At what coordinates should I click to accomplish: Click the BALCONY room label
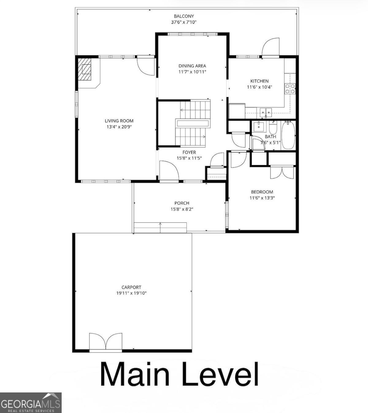click(x=184, y=16)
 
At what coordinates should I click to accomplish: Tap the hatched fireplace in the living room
click(x=85, y=69)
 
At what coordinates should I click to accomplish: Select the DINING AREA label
click(x=192, y=66)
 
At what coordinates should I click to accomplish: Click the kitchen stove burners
click(x=290, y=89)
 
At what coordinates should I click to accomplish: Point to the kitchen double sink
click(x=266, y=112)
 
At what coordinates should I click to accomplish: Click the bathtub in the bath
click(x=288, y=135)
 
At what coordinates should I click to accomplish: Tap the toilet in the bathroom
click(x=273, y=128)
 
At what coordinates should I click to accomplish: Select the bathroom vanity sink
click(x=259, y=126)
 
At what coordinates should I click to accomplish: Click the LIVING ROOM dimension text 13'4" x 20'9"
click(x=119, y=127)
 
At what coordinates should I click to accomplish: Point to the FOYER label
click(x=189, y=152)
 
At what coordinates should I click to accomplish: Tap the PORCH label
click(x=182, y=203)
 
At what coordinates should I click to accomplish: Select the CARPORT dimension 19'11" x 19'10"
click(x=131, y=293)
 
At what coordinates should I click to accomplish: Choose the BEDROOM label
click(x=262, y=192)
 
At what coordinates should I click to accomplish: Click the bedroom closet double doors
click(x=282, y=172)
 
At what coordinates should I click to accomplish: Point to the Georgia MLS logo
click(x=31, y=403)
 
